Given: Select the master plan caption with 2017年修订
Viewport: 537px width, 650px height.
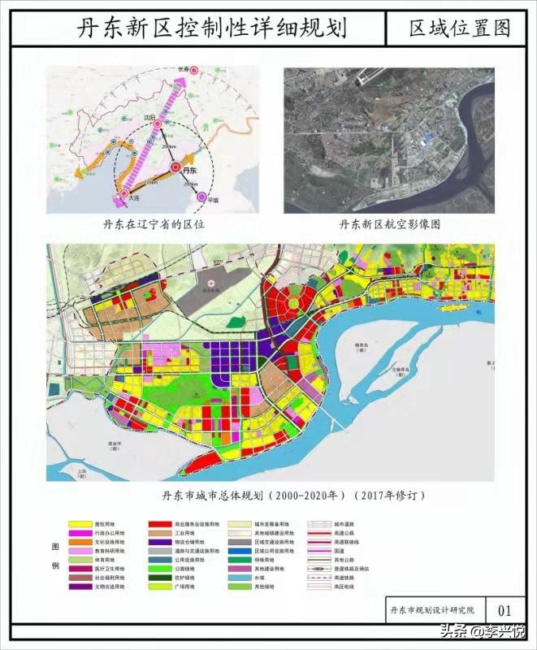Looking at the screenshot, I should pos(293,494).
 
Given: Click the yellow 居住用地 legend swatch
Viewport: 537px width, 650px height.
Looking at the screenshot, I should pos(79,526).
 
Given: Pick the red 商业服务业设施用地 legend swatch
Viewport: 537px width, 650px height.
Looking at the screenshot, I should pos(159,526).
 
